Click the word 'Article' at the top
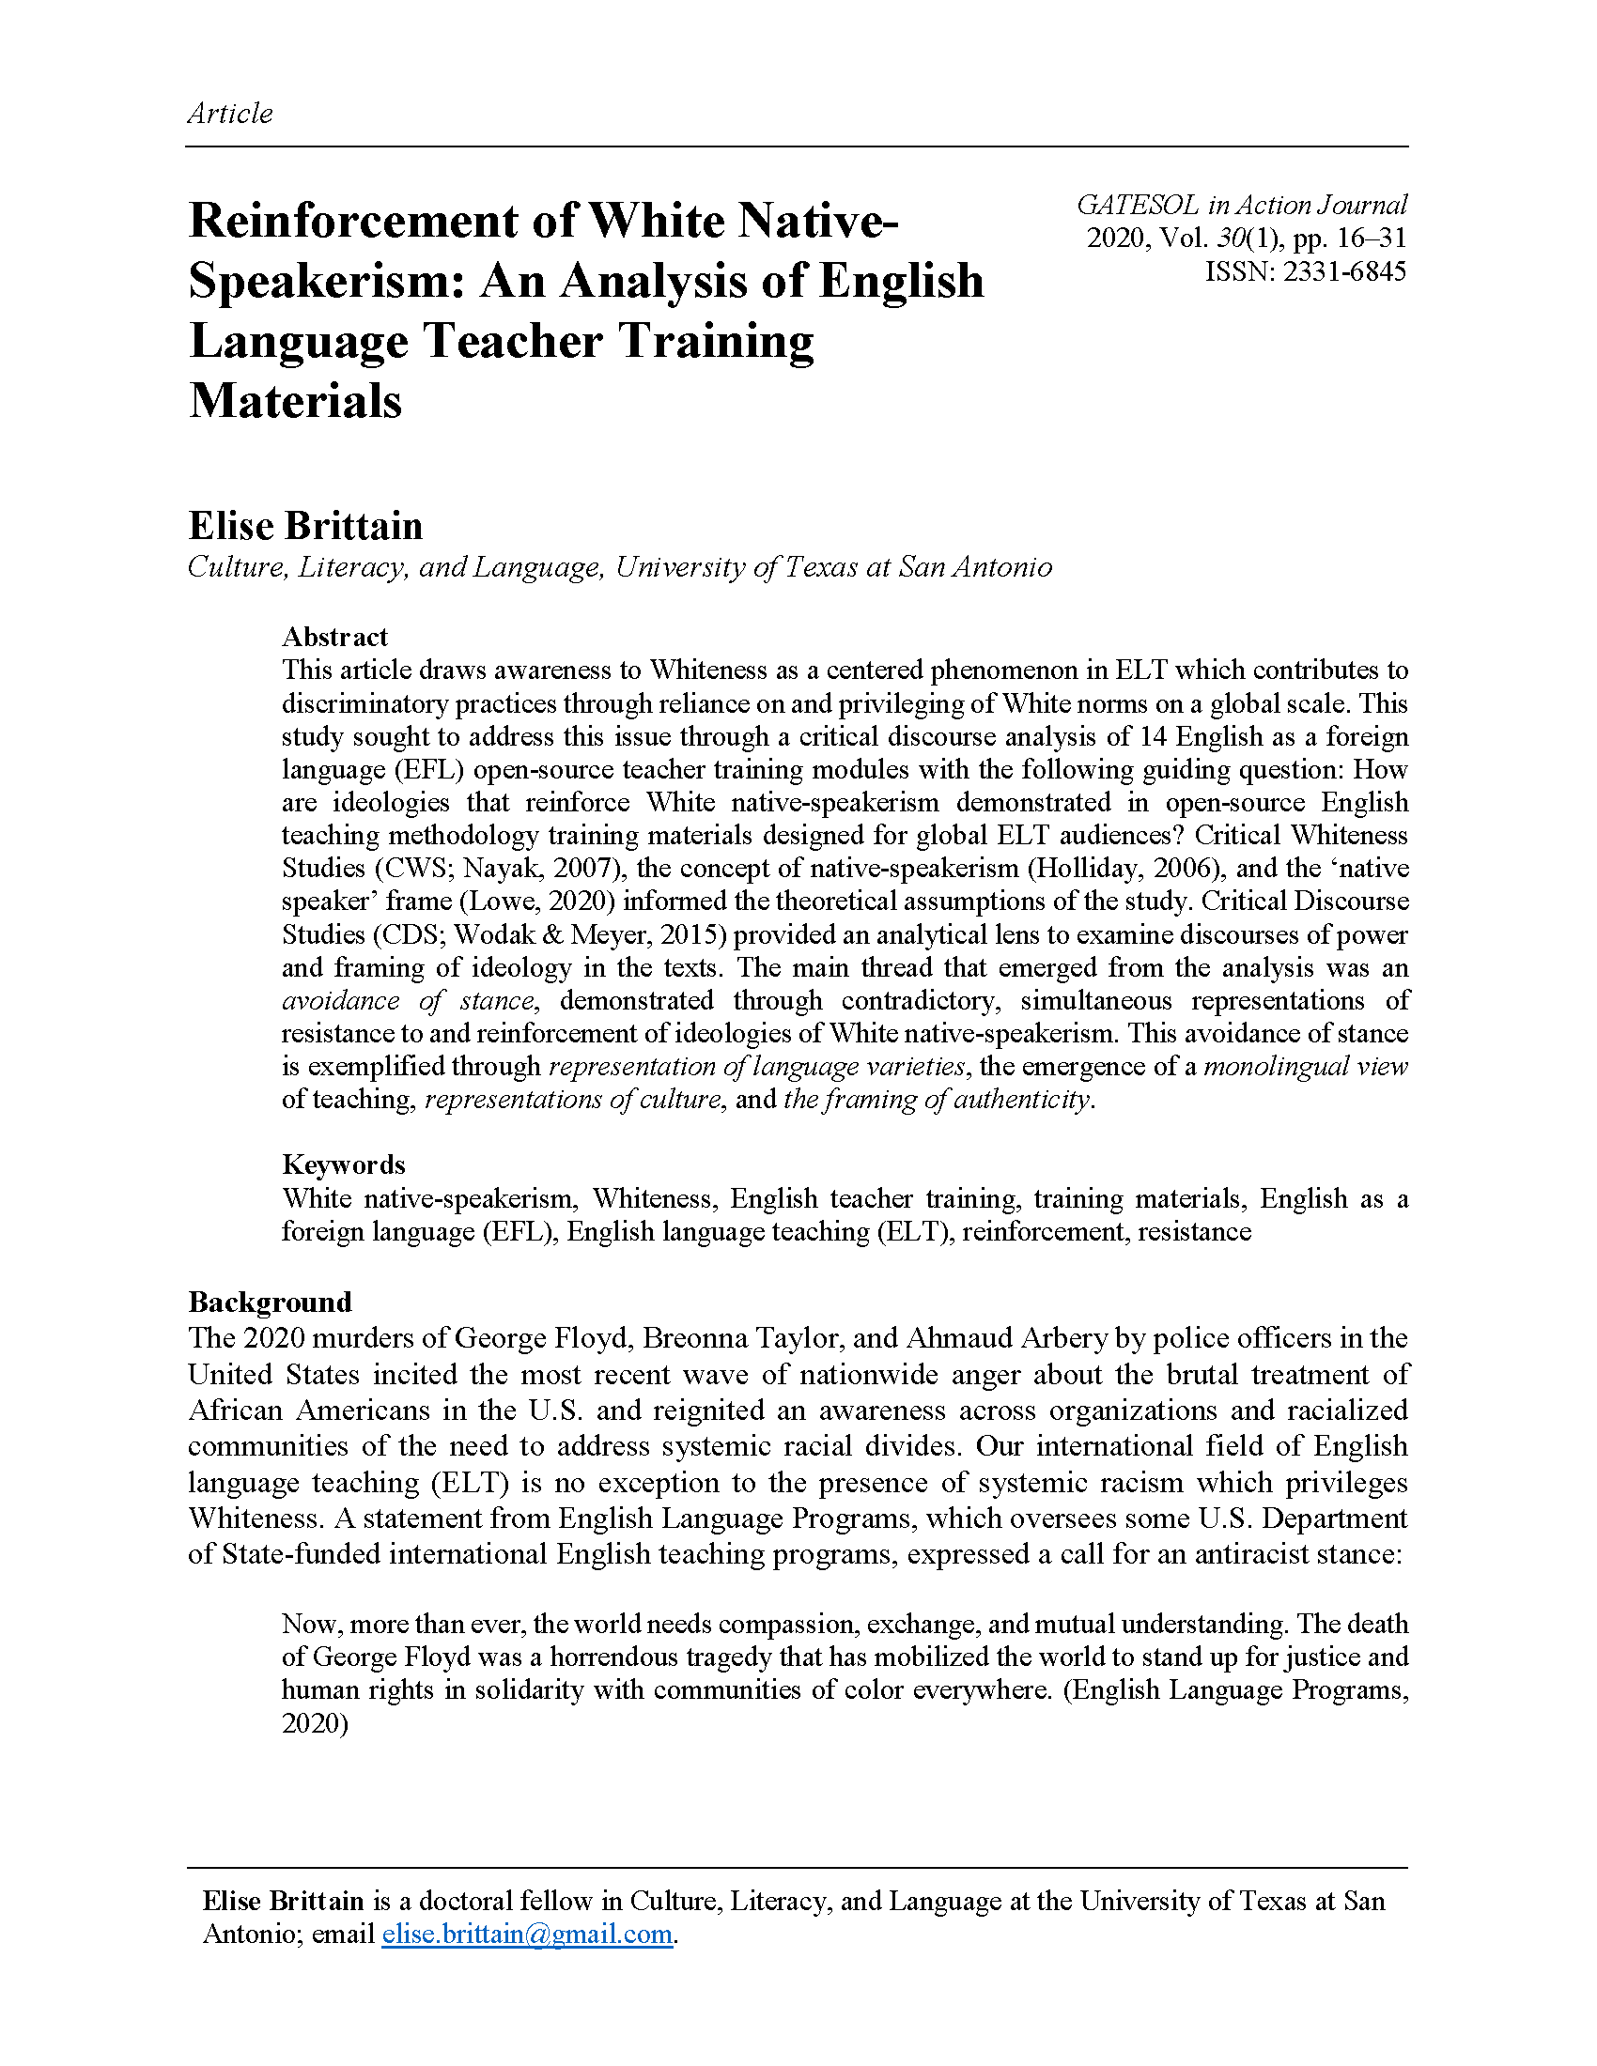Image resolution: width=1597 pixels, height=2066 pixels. coord(230,114)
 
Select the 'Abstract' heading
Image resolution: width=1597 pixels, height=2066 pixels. coord(335,637)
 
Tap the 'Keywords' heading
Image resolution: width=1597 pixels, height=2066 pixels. coord(344,1164)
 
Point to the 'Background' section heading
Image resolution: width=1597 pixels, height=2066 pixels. coord(270,1303)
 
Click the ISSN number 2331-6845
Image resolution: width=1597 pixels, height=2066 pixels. coord(1344,271)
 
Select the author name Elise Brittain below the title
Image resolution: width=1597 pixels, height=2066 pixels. coord(305,526)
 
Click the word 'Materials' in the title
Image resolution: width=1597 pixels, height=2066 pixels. coord(295,400)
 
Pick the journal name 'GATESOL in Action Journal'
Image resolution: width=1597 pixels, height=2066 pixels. coord(1241,206)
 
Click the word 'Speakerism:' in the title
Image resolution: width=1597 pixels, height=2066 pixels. coord(326,281)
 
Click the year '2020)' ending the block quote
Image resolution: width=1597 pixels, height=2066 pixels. coord(315,1723)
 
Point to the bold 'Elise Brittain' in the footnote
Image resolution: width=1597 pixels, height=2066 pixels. coord(283,1901)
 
